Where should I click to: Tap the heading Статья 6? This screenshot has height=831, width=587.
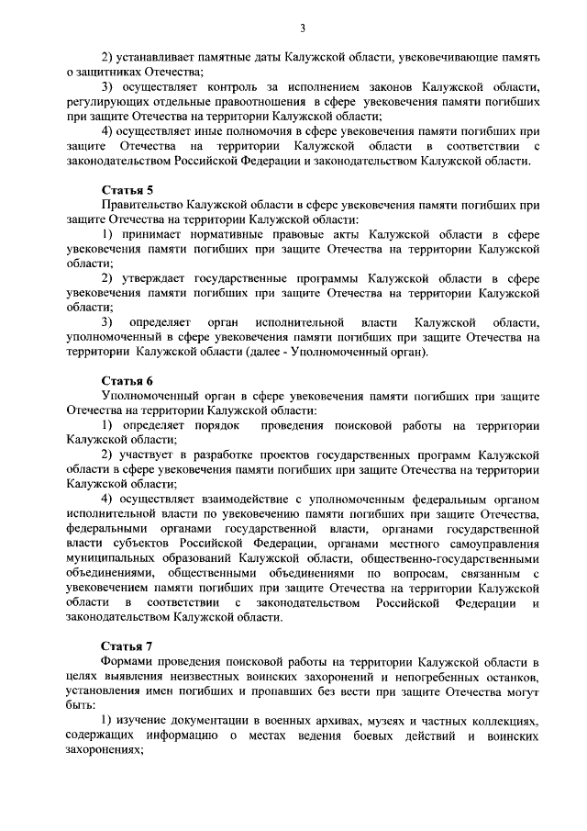127,380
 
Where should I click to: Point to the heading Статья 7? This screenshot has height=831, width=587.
127,646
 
